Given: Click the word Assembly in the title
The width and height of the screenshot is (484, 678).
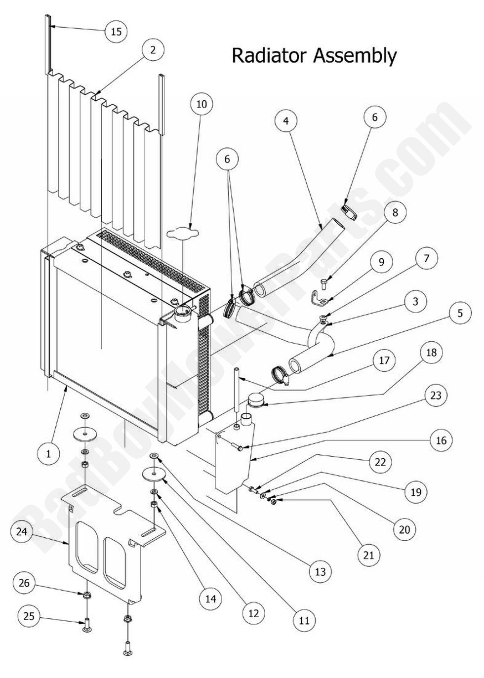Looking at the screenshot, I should pos(355,56).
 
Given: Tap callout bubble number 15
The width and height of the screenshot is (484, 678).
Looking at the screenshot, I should pos(116,32).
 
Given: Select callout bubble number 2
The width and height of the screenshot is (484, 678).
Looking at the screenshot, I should pos(153,49).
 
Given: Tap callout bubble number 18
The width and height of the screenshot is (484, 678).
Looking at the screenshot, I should pos(432,352).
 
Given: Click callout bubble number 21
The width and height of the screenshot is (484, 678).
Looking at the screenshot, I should pos(368,555).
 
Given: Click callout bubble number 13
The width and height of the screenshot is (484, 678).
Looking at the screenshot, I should pos(320,571).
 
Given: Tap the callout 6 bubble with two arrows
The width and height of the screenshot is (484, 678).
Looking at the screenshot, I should pos(227,159).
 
